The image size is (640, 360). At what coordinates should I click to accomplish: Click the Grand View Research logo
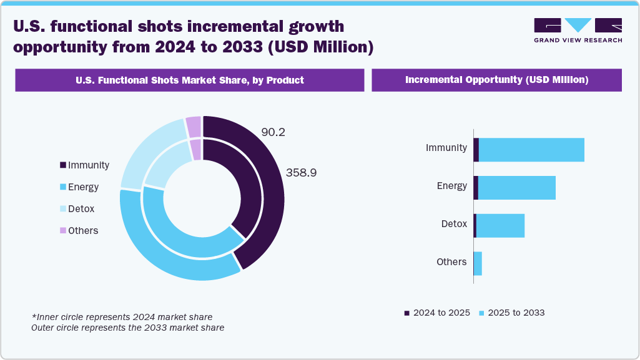(578, 30)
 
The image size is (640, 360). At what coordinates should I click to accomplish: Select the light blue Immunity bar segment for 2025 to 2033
(531, 150)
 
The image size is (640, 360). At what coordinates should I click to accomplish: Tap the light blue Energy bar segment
(516, 188)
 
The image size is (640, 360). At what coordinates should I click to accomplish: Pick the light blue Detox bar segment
(500, 225)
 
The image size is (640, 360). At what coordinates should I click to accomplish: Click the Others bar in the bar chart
(478, 263)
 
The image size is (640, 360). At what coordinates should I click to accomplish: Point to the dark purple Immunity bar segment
(476, 150)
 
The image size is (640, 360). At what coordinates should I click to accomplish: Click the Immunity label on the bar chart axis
(446, 148)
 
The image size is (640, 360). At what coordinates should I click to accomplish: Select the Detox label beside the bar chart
(454, 223)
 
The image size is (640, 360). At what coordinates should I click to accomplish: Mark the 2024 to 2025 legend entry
(437, 313)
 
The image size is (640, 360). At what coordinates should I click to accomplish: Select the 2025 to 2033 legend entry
(511, 313)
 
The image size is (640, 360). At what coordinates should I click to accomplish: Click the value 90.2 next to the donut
(273, 132)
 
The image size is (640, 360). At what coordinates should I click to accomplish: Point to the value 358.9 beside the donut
(301, 173)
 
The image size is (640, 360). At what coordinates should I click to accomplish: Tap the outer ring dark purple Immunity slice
(268, 187)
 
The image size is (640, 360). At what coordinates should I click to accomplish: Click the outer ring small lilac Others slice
(194, 127)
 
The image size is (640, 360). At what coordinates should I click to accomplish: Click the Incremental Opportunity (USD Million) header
(496, 80)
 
